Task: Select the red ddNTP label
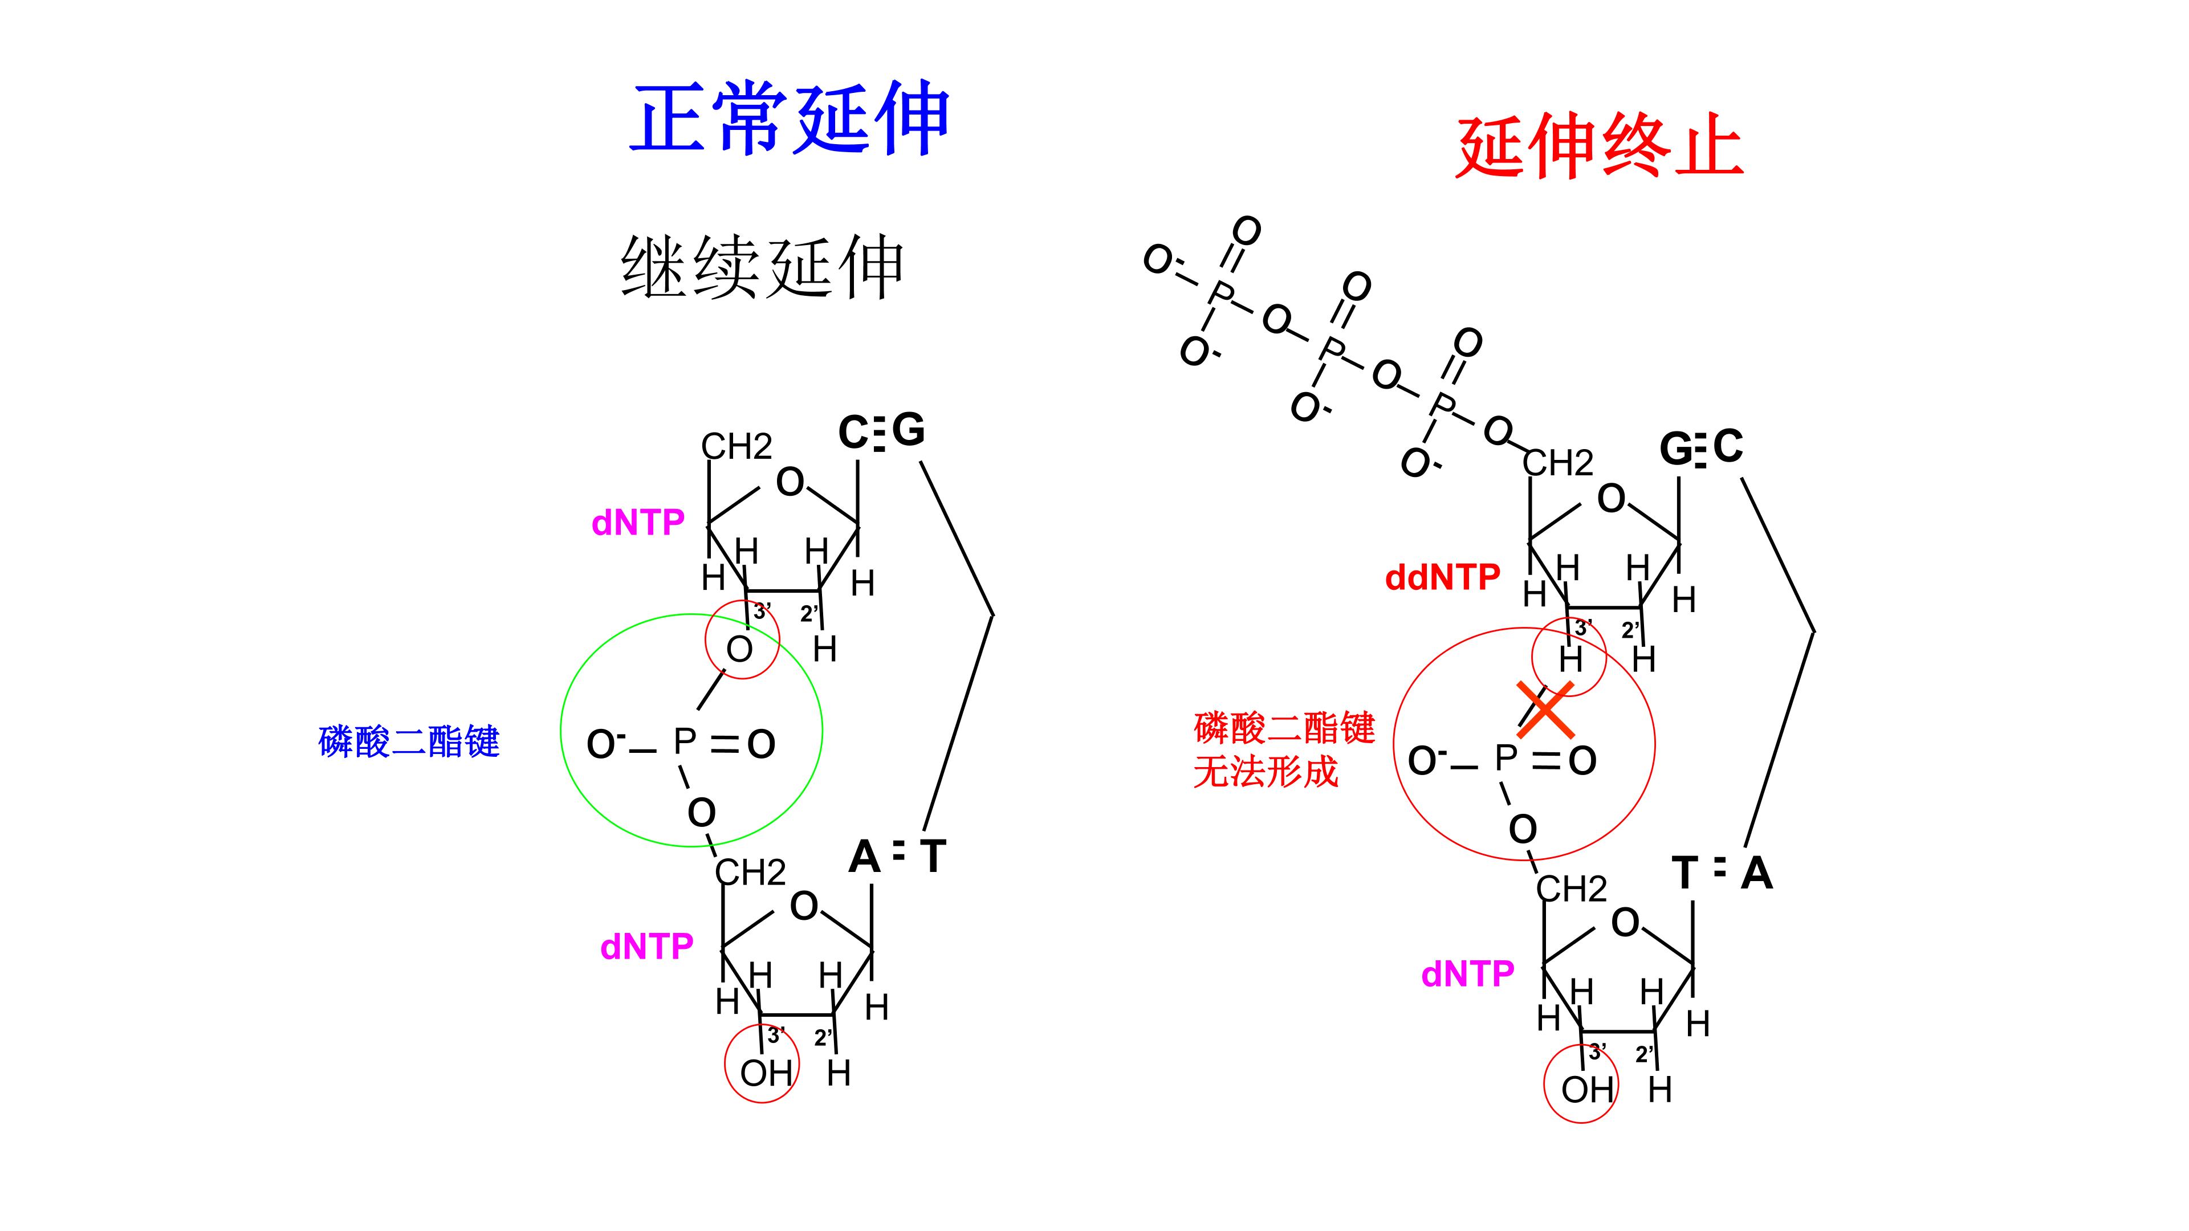[x=1442, y=578]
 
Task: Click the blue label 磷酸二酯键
[x=409, y=741]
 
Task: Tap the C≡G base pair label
[x=881, y=431]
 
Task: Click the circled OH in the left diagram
[x=766, y=1074]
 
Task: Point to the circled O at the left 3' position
[x=739, y=650]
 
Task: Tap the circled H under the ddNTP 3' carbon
[x=1570, y=660]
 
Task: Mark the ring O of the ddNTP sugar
[x=1611, y=499]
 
